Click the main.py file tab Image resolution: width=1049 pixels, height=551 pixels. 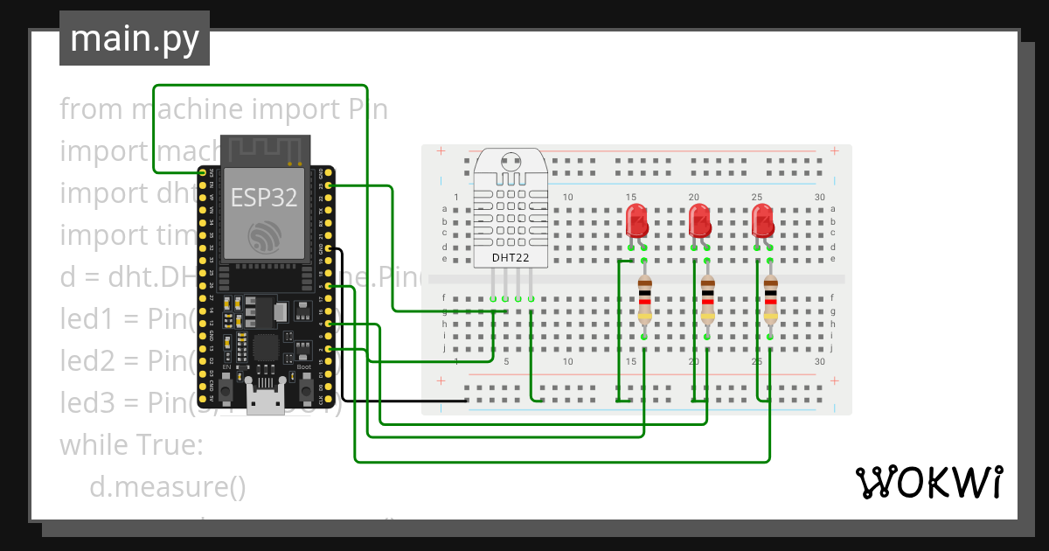click(134, 38)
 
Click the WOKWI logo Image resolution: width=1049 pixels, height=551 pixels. click(927, 482)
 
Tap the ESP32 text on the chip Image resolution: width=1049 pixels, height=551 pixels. click(264, 197)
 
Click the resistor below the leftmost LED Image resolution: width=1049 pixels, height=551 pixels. click(644, 300)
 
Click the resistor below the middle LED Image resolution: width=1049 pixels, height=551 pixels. click(707, 300)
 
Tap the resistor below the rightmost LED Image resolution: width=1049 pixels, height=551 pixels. click(770, 300)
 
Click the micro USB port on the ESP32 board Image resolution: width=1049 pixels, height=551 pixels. click(264, 403)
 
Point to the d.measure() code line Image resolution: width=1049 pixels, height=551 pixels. click(168, 486)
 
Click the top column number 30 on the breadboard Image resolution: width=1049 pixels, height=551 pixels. click(819, 198)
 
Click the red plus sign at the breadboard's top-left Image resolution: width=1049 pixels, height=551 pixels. click(441, 151)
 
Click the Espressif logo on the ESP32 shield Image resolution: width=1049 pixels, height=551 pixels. click(264, 236)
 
